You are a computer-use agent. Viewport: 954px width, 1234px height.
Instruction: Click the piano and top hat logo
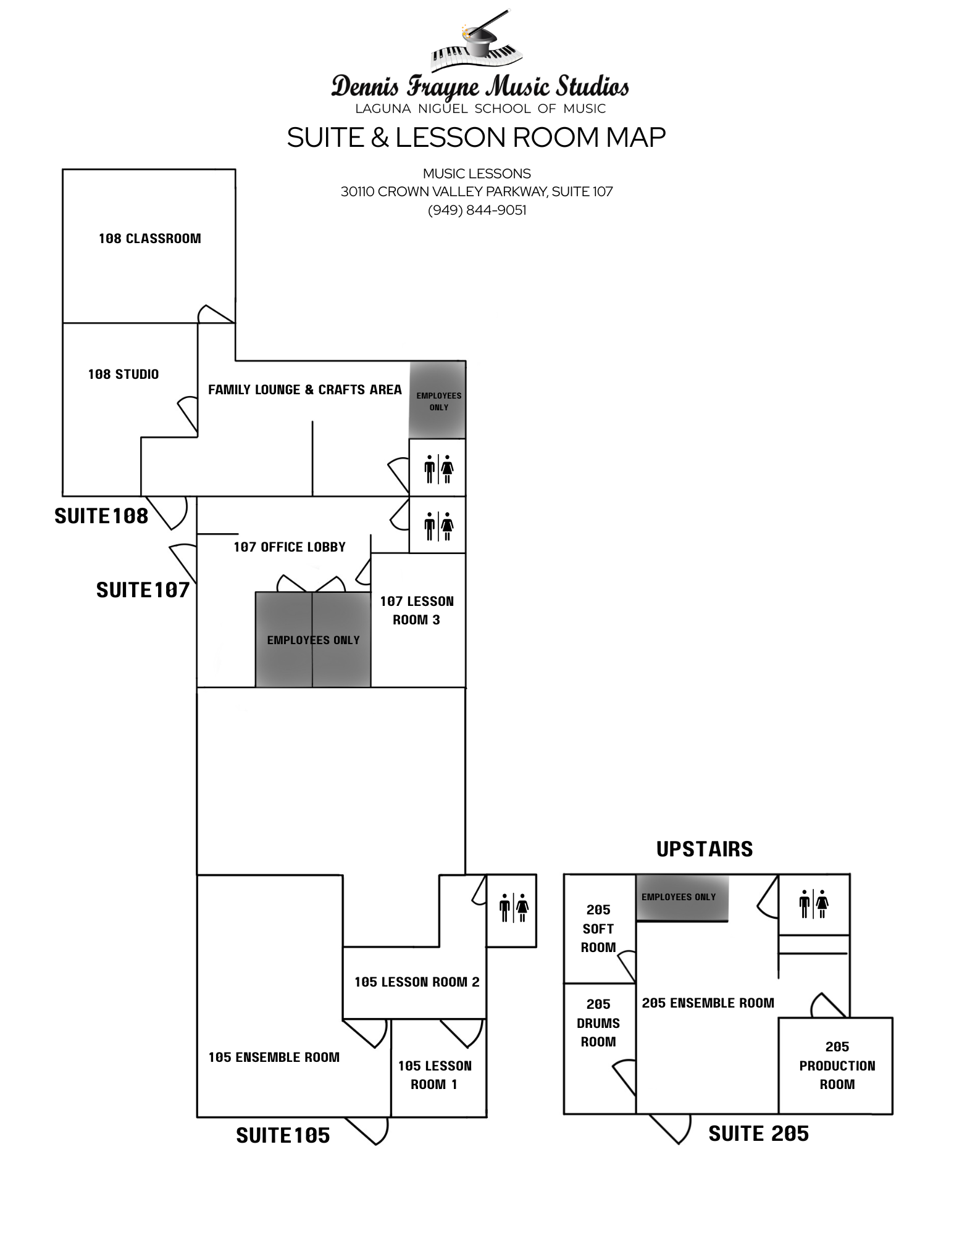(477, 43)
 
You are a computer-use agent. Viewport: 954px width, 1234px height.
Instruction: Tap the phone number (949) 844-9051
(477, 210)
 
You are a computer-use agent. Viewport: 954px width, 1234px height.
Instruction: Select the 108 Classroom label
(150, 239)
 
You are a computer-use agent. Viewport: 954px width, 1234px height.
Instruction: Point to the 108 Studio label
(123, 375)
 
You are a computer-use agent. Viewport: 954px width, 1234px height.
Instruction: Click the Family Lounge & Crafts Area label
(305, 390)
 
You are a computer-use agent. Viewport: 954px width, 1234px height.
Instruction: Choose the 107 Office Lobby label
(290, 547)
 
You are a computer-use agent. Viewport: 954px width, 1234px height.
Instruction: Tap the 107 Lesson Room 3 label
(417, 611)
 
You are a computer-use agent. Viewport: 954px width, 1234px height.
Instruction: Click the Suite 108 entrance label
(102, 516)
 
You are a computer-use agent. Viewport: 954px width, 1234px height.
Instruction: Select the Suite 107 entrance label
(143, 590)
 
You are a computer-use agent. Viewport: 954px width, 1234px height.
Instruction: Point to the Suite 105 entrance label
(283, 1136)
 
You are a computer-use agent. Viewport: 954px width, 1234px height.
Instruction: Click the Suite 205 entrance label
(759, 1134)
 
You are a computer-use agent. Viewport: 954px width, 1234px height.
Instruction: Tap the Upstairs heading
(705, 850)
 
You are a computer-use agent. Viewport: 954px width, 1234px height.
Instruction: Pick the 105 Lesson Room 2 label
(417, 982)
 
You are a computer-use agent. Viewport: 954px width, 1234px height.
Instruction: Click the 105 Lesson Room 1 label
(435, 1075)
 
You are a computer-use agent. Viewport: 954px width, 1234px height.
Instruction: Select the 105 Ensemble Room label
(274, 1058)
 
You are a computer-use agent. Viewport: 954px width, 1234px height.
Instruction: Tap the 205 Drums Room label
(598, 1023)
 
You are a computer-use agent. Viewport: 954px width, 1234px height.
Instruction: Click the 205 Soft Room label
(598, 929)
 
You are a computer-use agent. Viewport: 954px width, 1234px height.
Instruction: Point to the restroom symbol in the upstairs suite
(813, 905)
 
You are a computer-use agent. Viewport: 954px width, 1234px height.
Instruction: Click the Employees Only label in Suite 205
(679, 897)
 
